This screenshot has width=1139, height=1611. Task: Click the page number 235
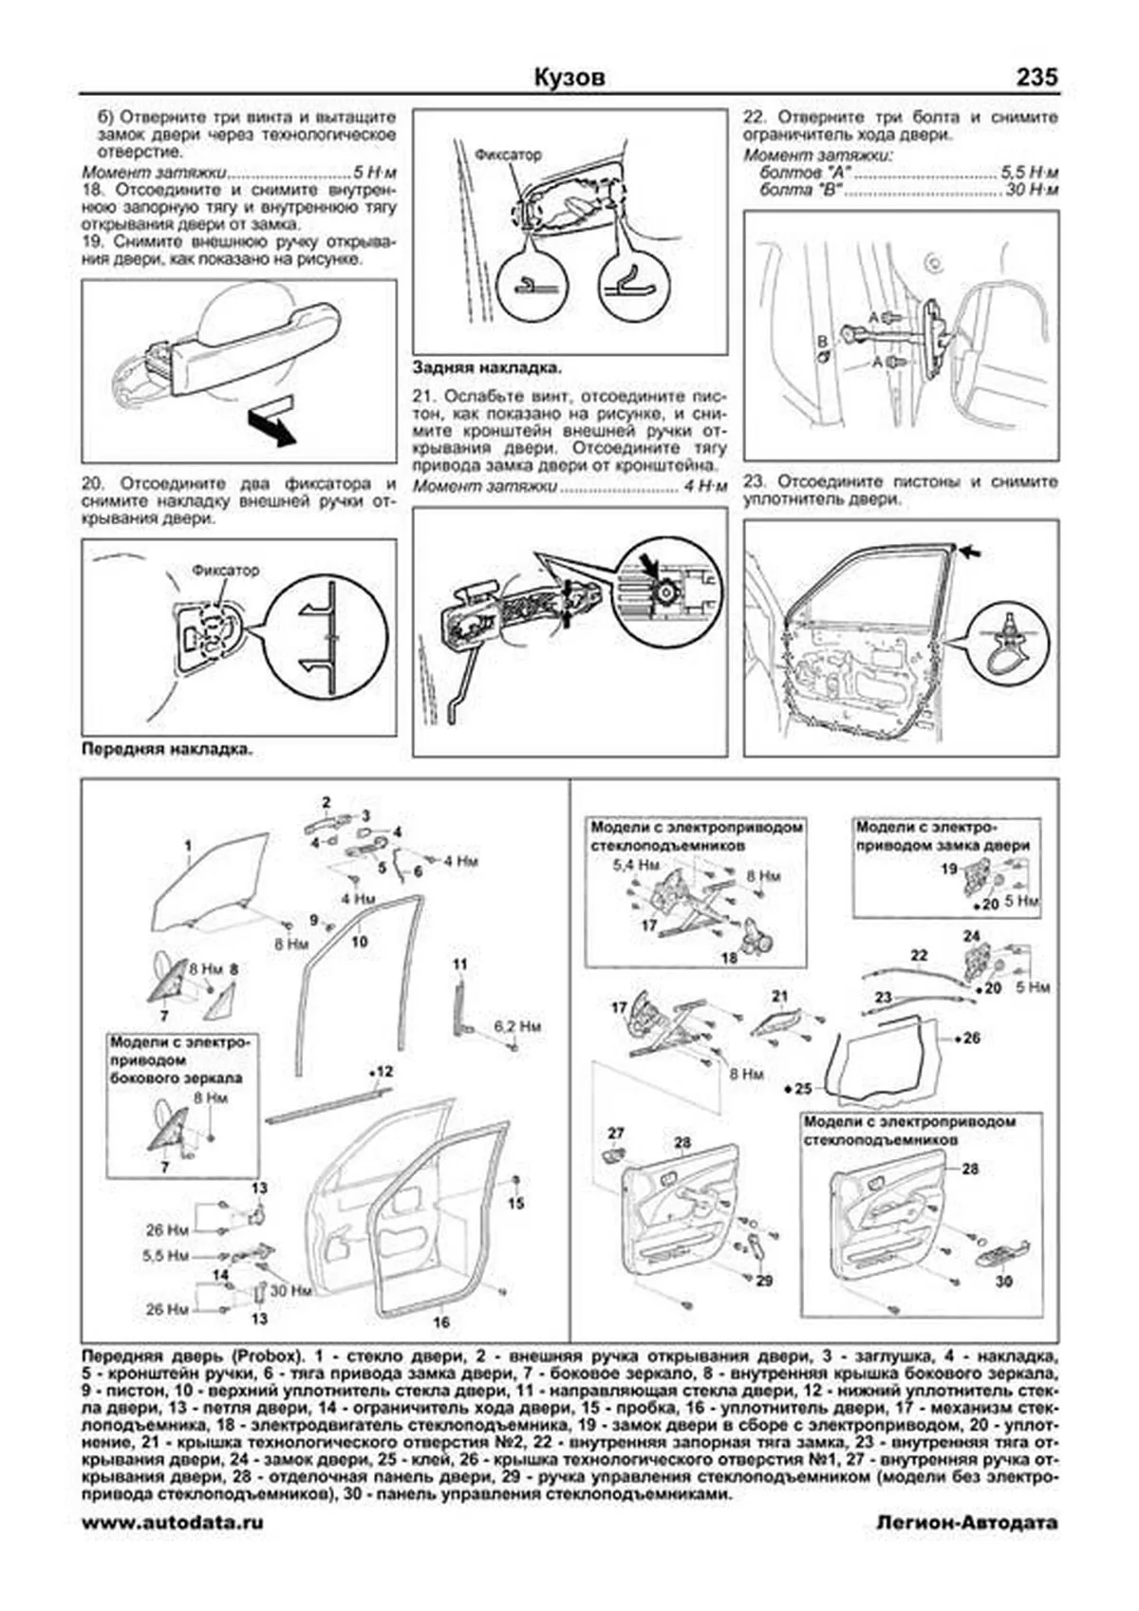1036,77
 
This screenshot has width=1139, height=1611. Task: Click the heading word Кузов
569,78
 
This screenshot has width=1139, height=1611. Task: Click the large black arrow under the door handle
270,427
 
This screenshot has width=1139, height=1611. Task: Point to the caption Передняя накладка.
167,749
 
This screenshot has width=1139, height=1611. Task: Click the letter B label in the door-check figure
822,340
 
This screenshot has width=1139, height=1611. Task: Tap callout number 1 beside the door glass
188,845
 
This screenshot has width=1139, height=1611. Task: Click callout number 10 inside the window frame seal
359,942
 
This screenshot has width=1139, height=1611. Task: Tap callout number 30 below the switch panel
1004,1281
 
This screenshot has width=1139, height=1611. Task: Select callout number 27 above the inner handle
616,1133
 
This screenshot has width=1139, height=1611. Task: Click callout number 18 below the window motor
729,958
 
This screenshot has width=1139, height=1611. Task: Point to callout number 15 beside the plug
515,1204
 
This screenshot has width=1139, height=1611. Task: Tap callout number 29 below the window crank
764,1281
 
